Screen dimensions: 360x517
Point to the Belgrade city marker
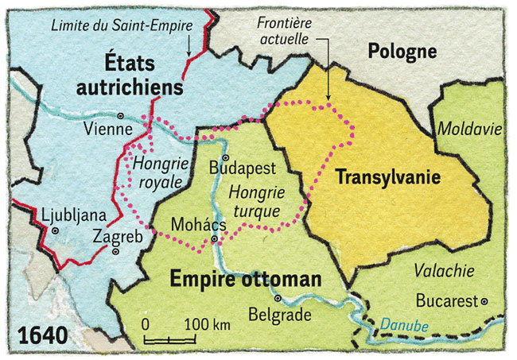(x=278, y=299)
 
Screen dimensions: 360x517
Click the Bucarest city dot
(x=483, y=302)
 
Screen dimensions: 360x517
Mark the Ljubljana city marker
(x=55, y=230)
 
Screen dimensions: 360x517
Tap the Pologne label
(x=402, y=52)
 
